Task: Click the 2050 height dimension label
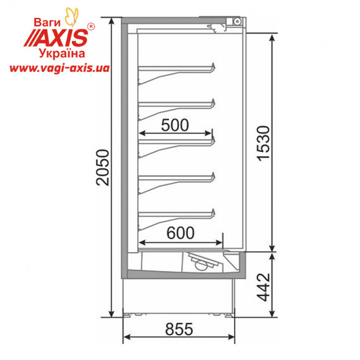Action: pyautogui.click(x=102, y=167)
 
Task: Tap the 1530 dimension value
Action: pyautogui.click(x=263, y=143)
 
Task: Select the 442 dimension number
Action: pyautogui.click(x=263, y=287)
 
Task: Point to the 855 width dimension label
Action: pyautogui.click(x=179, y=329)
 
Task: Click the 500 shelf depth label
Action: pyautogui.click(x=175, y=125)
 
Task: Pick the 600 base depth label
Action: pyautogui.click(x=180, y=233)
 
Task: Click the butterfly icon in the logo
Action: pyautogui.click(x=71, y=17)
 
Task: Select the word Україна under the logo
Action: pyautogui.click(x=62, y=53)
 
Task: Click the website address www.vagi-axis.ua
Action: pyautogui.click(x=59, y=68)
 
